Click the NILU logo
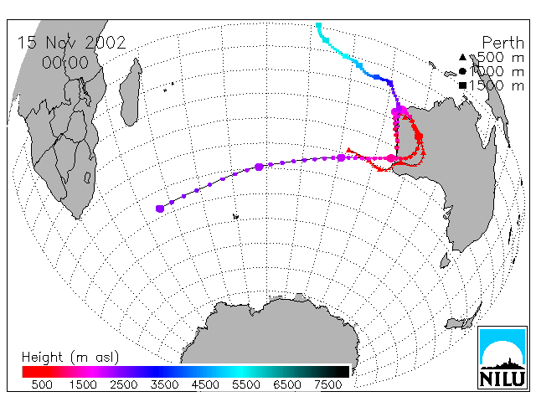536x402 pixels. tap(502, 358)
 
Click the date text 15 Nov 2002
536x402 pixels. tap(71, 43)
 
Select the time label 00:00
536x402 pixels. tap(65, 63)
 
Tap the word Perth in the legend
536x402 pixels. tap(502, 43)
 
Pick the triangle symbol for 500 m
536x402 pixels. tap(462, 57)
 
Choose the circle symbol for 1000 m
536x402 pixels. tap(462, 71)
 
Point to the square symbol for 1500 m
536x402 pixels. tap(462, 85)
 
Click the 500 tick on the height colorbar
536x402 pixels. tap(42, 384)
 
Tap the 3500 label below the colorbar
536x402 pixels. tap(164, 384)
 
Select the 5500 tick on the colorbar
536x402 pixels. tap(246, 384)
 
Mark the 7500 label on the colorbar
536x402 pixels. tap(328, 384)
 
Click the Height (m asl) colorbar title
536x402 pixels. tap(70, 358)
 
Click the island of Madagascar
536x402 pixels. tap(131, 91)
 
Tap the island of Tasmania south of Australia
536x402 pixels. tap(445, 260)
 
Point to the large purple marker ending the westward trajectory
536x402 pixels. tap(160, 209)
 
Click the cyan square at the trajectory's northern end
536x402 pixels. tap(318, 25)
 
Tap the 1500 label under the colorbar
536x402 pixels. tap(83, 384)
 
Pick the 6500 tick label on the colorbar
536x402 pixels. tap(287, 384)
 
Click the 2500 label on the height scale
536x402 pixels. tap(124, 384)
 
